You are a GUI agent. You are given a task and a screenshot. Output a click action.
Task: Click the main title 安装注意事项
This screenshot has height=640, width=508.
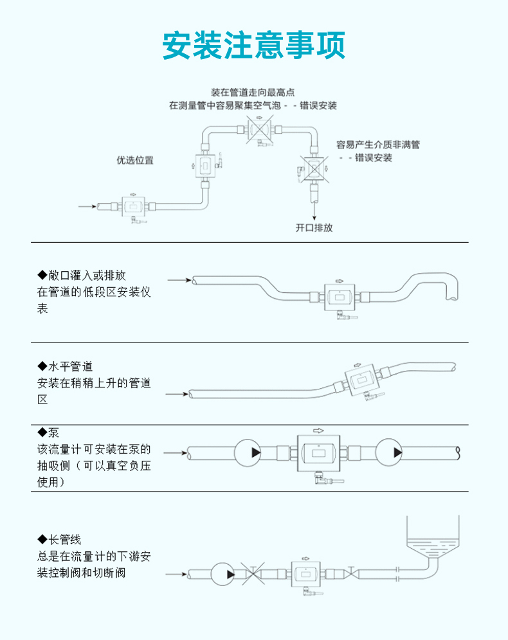tap(254, 45)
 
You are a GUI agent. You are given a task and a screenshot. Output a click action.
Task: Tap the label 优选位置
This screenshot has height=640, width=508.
tap(135, 160)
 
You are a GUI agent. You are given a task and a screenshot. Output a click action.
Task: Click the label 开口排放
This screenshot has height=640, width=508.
tap(314, 227)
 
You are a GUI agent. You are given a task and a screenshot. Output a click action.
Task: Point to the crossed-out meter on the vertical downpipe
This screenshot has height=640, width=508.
tap(314, 169)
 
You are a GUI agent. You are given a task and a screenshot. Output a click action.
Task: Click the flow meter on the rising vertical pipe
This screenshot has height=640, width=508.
tap(204, 166)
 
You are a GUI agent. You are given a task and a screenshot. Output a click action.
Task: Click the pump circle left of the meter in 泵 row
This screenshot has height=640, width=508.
tap(248, 452)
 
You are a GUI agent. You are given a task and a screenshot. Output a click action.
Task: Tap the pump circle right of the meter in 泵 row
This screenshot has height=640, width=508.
tap(390, 452)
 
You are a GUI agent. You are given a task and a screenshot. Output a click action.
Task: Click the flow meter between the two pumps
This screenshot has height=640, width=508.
tap(318, 452)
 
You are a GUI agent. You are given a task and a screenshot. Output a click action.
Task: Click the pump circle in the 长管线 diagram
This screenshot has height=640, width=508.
tap(223, 573)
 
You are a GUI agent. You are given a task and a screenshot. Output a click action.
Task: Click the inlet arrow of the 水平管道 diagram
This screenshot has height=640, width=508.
tap(177, 394)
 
